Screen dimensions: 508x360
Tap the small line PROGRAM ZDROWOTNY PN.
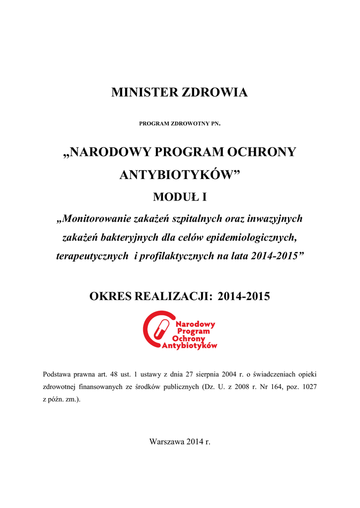point(180,123)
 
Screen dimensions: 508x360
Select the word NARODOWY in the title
point(105,152)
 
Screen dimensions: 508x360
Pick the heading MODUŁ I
point(180,197)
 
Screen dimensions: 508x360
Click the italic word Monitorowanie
point(96,219)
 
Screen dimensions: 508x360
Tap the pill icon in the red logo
point(160,328)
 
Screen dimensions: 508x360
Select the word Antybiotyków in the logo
point(190,346)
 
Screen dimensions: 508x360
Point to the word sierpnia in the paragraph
point(198,374)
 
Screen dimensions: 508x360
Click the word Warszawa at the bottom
point(167,442)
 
